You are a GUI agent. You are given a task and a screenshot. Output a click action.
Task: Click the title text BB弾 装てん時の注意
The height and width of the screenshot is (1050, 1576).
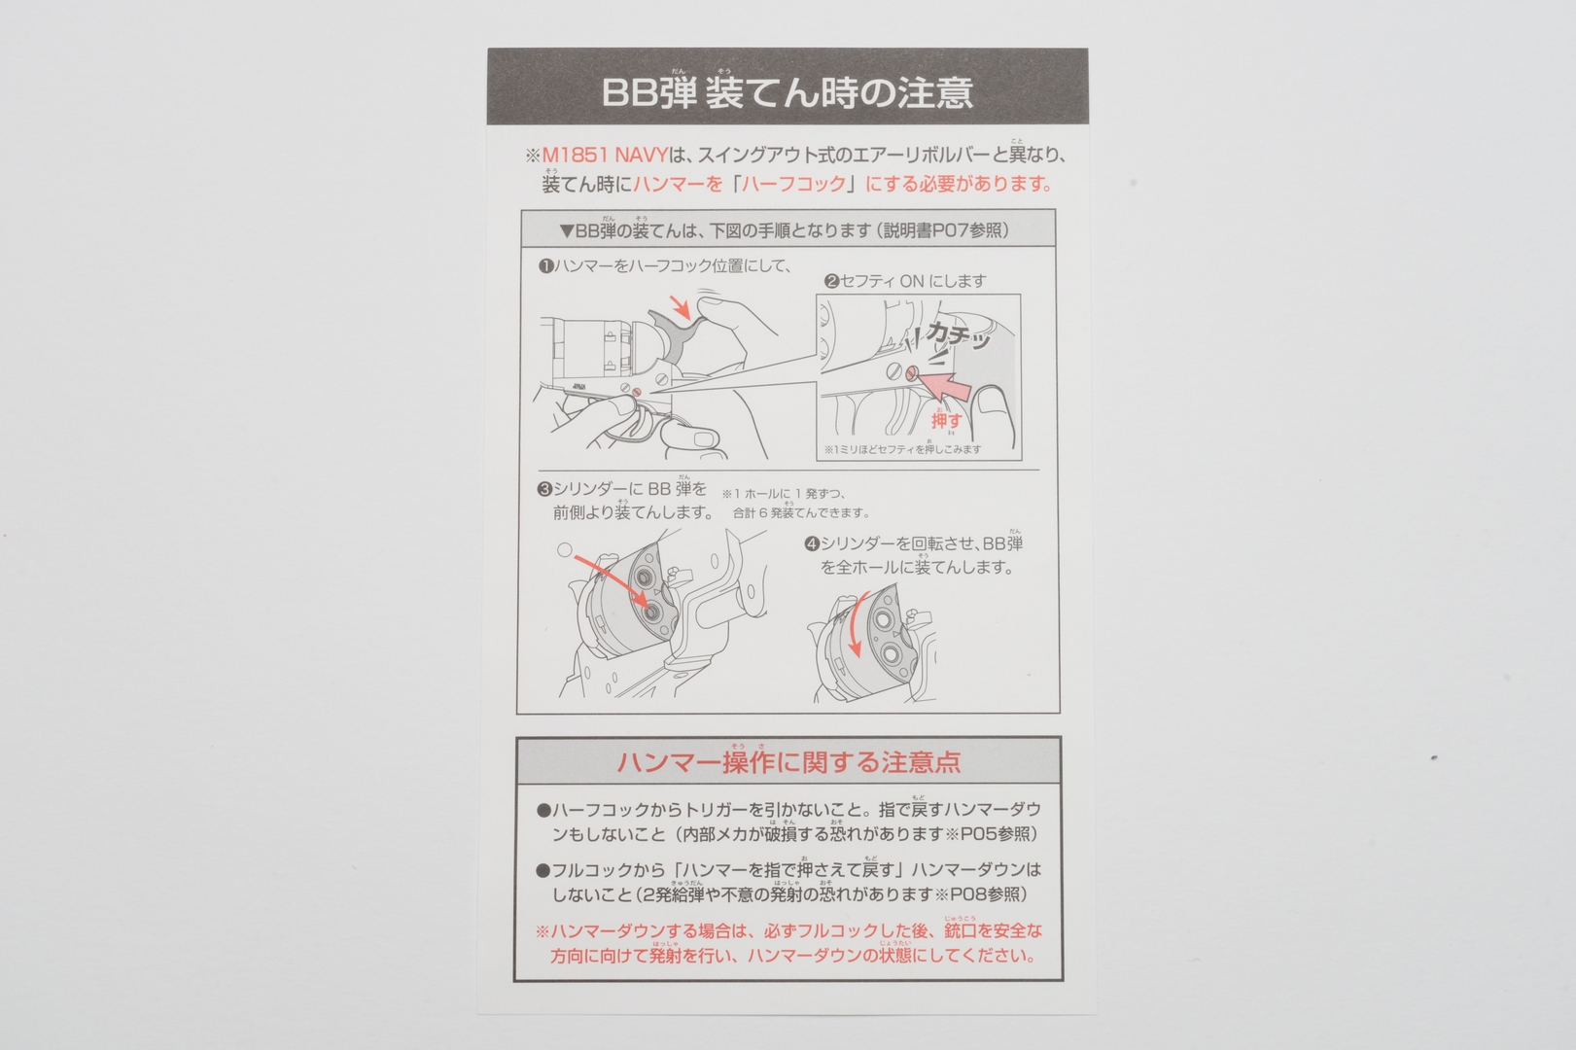[x=787, y=92]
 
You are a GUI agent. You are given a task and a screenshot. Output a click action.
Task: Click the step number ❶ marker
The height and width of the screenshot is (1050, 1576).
[x=545, y=265]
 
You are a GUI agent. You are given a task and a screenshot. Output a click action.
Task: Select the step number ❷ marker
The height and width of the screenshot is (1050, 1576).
[x=831, y=281]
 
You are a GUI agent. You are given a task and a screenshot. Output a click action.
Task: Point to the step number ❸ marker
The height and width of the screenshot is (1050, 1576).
[x=544, y=489]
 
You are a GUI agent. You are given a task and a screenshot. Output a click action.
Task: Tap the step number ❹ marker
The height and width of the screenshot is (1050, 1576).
[x=811, y=543]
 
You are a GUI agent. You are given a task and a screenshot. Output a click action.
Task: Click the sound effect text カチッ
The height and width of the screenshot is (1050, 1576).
[x=957, y=336]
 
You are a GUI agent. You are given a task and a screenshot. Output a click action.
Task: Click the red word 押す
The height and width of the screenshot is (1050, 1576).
[x=946, y=420]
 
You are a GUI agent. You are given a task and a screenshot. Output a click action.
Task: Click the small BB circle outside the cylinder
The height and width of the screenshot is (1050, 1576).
[x=565, y=550]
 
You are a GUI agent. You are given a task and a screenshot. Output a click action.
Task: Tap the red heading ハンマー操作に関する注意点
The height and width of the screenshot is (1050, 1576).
[x=788, y=762]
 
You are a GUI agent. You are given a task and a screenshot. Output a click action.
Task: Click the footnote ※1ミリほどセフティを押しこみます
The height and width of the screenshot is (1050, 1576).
[x=903, y=449]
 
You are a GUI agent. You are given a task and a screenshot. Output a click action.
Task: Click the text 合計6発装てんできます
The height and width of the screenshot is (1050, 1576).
[x=801, y=512]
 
